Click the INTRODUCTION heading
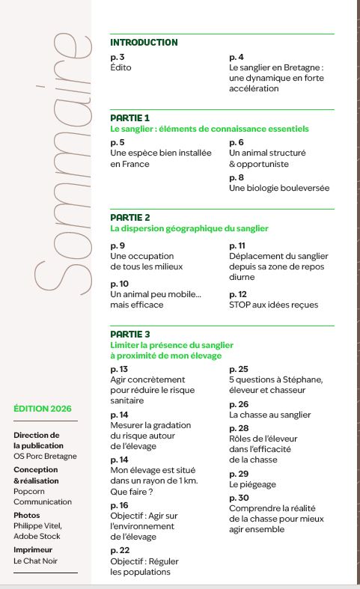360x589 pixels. point(144,43)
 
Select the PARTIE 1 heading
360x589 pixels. point(130,118)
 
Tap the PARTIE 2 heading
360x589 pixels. point(130,218)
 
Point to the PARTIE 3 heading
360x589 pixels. point(130,334)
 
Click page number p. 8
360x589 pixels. point(237,177)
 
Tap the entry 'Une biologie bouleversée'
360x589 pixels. point(278,188)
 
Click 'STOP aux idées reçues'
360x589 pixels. point(273,305)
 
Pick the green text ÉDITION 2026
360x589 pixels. point(43,409)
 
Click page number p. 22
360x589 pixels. point(120,551)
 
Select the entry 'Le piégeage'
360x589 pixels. point(252,485)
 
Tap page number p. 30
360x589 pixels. point(239,498)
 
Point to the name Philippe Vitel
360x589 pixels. point(37,525)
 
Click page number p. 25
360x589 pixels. point(239,370)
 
